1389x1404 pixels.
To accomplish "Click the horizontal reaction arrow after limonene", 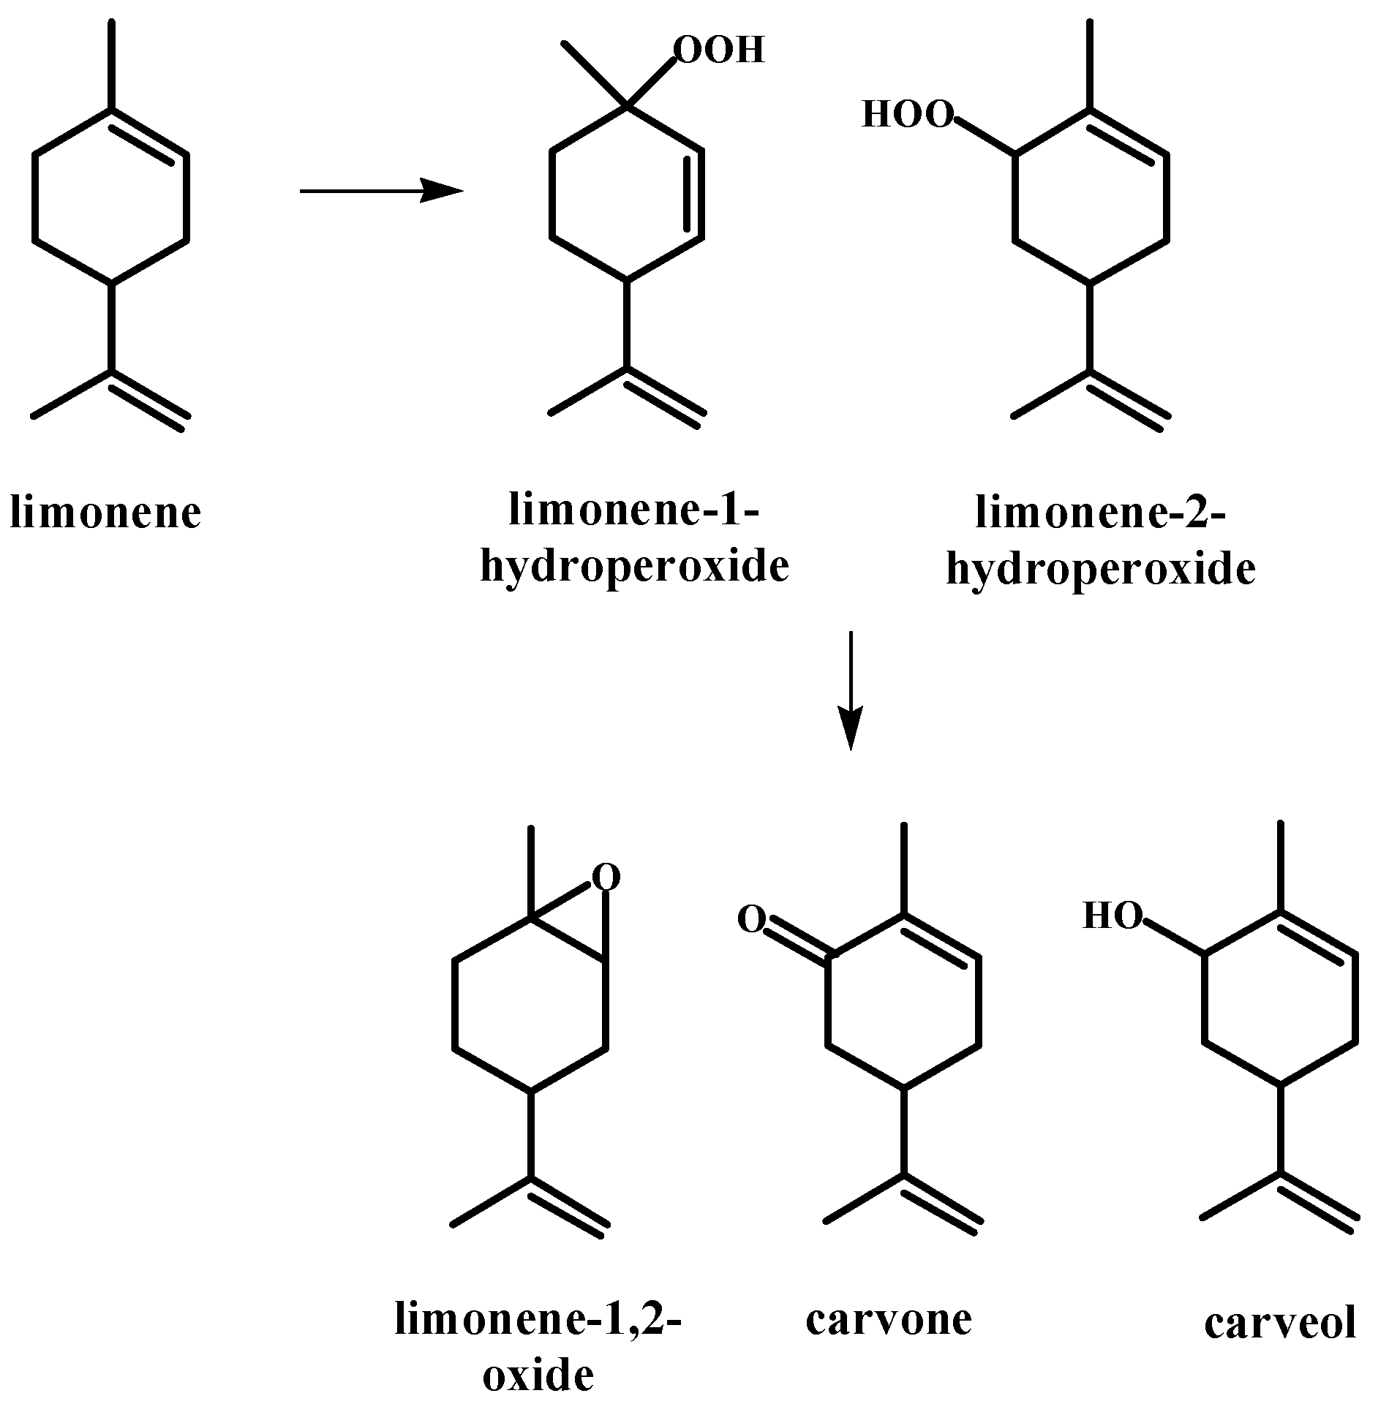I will [380, 192].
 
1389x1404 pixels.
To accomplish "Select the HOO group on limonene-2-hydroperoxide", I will [908, 115].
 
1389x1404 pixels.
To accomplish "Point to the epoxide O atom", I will [606, 877].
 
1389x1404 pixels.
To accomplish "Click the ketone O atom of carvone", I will [751, 919].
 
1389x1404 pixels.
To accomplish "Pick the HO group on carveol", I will [1111, 916].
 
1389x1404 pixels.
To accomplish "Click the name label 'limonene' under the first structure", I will [105, 513].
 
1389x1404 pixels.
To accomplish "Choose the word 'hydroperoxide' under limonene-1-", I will [634, 567].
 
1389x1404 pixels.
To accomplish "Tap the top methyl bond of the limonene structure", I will [111, 66].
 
